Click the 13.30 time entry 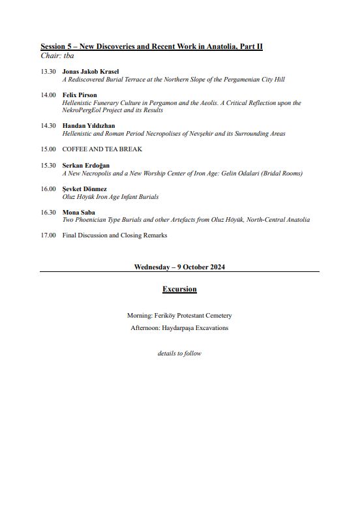click(x=48, y=71)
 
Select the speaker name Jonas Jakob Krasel click(x=91, y=71)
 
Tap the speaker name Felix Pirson click(x=80, y=95)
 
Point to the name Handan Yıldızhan click(x=89, y=125)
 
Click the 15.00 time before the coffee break click(x=48, y=149)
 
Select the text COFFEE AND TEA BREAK click(x=102, y=149)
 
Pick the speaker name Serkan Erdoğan click(x=86, y=166)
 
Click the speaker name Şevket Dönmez click(x=85, y=188)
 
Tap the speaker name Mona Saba click(x=78, y=212)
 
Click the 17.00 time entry click(x=48, y=235)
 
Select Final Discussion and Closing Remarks click(x=115, y=235)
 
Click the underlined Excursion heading click(x=179, y=289)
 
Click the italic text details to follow click(x=179, y=354)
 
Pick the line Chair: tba click(x=57, y=56)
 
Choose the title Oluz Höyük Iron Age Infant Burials click(x=110, y=196)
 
